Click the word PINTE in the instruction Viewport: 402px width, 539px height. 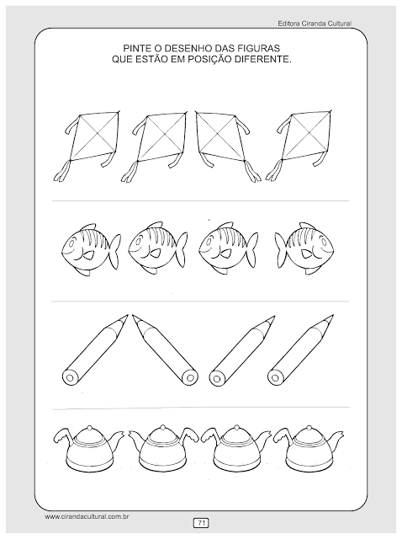(x=135, y=48)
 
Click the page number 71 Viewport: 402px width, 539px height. (x=202, y=523)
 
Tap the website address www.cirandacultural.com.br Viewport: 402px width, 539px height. (x=87, y=516)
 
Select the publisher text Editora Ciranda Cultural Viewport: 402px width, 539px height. (x=315, y=24)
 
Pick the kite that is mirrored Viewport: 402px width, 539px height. (x=226, y=145)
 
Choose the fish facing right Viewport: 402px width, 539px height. (x=304, y=248)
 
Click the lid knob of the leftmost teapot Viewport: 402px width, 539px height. (x=88, y=427)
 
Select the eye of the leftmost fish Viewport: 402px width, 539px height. (x=71, y=243)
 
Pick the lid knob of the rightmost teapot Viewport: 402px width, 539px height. (x=309, y=427)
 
